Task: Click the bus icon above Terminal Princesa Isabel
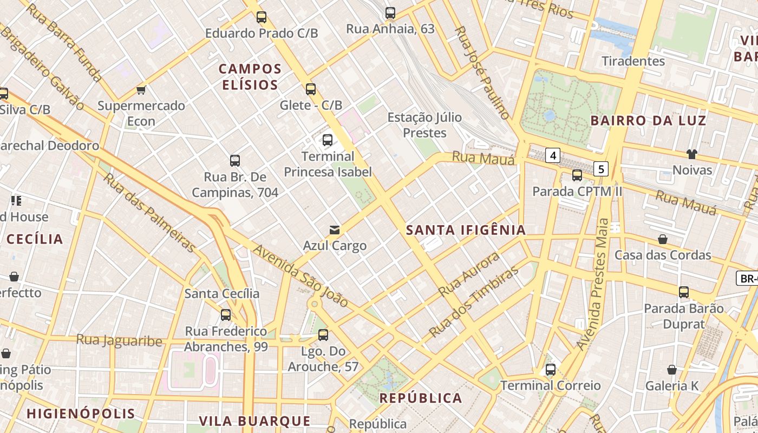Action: coord(328,140)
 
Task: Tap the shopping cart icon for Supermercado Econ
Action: coord(141,90)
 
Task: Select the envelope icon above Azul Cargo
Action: coord(335,230)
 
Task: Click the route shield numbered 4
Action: coord(552,156)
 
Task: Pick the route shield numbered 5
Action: coord(600,169)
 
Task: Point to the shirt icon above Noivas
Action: coord(691,154)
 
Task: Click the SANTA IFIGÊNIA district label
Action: coord(466,230)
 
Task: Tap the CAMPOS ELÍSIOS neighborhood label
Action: coord(250,77)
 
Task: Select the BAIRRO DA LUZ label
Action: coord(648,120)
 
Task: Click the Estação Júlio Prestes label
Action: coord(424,125)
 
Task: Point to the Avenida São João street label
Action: coord(300,275)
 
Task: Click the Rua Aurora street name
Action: coord(469,274)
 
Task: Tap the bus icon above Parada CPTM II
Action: coord(577,175)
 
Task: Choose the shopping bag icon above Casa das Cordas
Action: coord(663,239)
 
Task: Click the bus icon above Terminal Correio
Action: coord(551,370)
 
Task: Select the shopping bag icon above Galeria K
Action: coord(672,370)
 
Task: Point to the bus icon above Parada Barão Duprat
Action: coord(684,292)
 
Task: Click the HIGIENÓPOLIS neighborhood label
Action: coord(81,414)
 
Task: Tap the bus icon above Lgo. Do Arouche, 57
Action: coord(323,335)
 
